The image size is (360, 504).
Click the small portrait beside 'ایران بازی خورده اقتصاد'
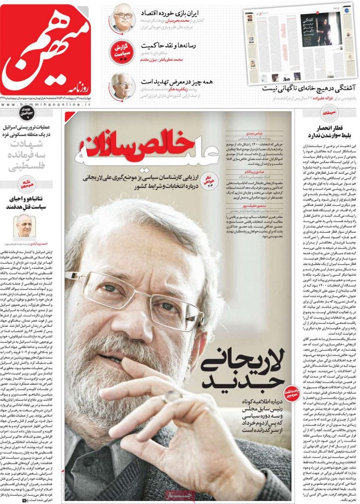coord(123,18)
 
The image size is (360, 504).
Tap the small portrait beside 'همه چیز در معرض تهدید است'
coord(122,85)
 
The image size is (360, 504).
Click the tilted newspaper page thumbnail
coord(300,44)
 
